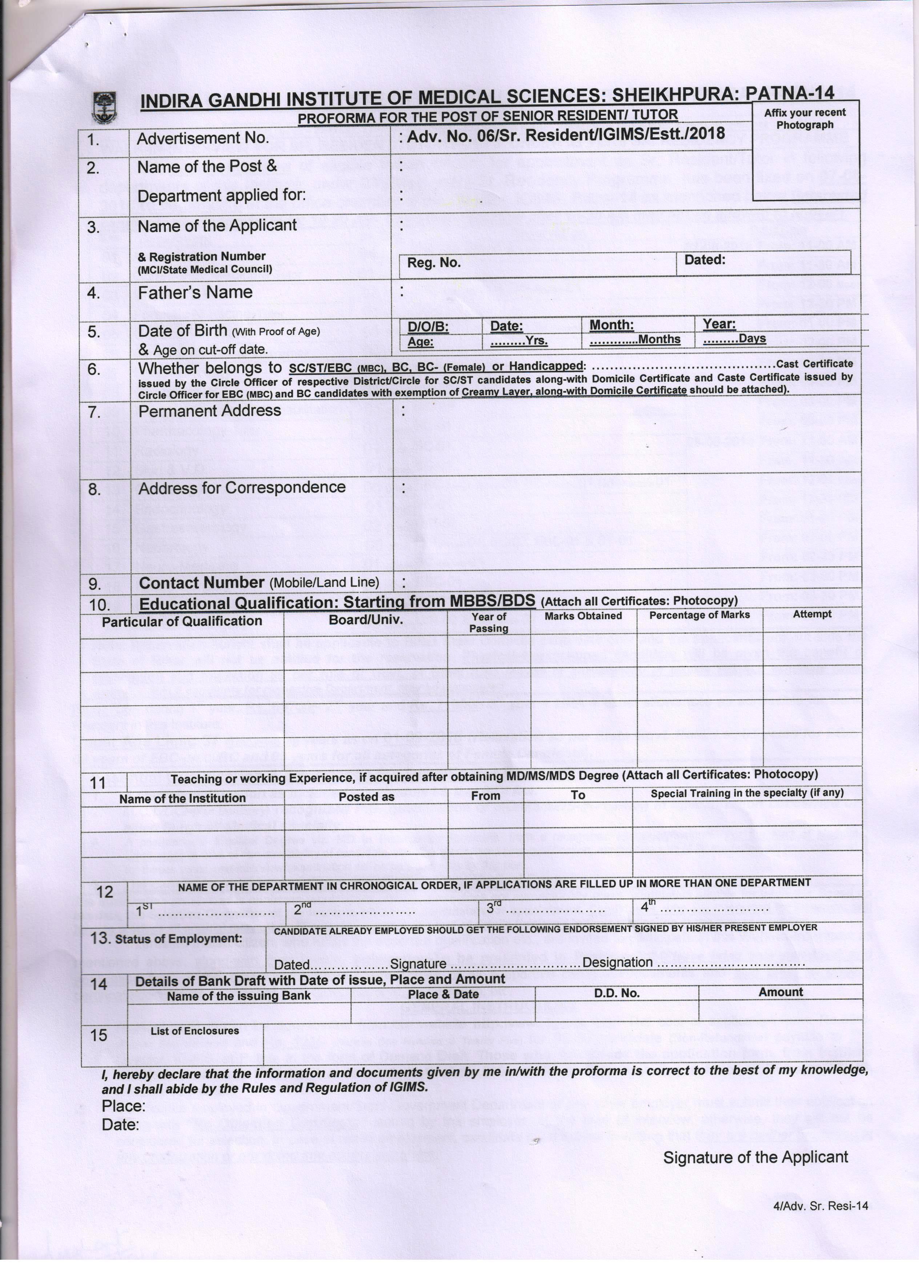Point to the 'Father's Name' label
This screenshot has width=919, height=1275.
click(195, 292)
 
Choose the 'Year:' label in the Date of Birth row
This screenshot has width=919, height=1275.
click(719, 324)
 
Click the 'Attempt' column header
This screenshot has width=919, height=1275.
click(812, 614)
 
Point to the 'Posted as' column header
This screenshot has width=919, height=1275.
click(366, 797)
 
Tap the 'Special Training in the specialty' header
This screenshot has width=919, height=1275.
click(747, 793)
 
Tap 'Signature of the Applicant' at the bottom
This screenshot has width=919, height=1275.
click(755, 1157)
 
